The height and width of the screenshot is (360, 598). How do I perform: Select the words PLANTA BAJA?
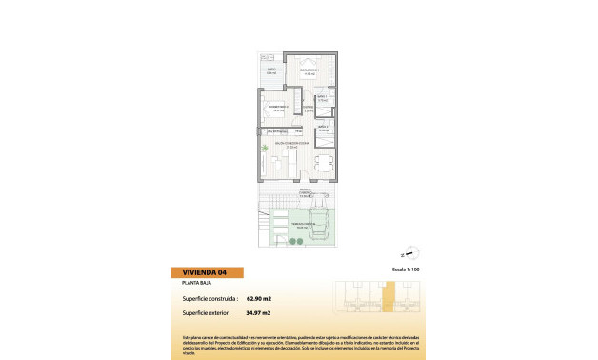point(196,284)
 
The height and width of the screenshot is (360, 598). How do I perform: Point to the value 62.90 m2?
point(259,298)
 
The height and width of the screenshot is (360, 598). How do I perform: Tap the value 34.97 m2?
point(259,312)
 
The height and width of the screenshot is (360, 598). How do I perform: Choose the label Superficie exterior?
point(207,312)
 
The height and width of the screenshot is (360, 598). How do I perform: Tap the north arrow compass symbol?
point(411,253)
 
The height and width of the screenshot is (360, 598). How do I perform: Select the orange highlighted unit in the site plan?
point(388,297)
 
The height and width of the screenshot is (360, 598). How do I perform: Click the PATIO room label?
point(271,70)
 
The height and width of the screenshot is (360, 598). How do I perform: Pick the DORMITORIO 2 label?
point(277,107)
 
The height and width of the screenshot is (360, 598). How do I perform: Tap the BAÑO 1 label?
point(323,96)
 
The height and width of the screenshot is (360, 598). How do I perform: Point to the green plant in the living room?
point(265,149)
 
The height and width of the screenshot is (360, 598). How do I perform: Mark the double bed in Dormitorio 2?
point(275,112)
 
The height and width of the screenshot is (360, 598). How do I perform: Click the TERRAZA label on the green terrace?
point(302,226)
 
